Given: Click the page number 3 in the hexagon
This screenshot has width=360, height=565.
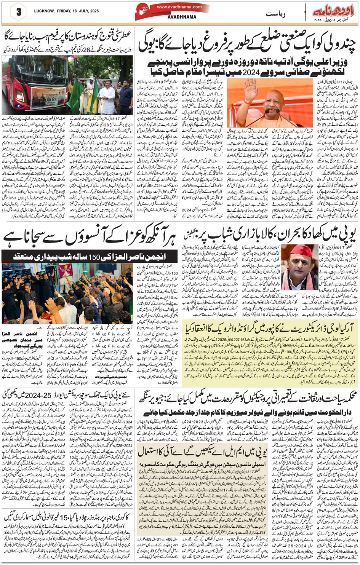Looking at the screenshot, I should (x=18, y=12).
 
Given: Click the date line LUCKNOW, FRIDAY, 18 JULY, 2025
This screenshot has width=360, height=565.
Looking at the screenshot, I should (x=66, y=11).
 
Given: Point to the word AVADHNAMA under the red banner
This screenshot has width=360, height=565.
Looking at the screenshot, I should (x=182, y=17).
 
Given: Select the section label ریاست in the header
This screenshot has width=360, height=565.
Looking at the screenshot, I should (x=275, y=14).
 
